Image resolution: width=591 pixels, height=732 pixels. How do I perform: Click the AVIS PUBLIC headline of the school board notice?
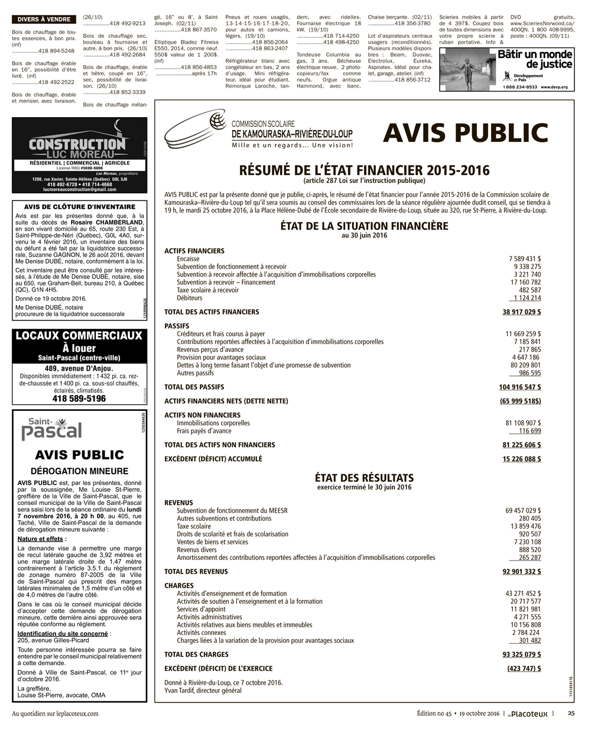[x=465, y=133]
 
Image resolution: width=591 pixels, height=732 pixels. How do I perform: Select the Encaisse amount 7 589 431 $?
[x=524, y=259]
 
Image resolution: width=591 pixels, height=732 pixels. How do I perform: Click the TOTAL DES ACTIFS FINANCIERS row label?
[x=212, y=312]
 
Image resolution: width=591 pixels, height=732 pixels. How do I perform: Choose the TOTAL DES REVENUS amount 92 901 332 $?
[x=521, y=572]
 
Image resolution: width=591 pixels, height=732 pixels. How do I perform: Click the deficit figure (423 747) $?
[x=524, y=669]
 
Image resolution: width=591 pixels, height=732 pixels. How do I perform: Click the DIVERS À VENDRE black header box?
[x=44, y=20]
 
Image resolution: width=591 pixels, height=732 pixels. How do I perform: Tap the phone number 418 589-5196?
[x=79, y=399]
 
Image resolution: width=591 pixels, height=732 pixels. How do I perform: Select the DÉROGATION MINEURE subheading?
[x=79, y=471]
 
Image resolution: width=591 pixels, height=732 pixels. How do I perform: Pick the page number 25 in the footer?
[x=570, y=713]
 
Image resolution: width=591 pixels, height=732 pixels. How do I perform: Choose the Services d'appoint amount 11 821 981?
[x=525, y=609]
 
